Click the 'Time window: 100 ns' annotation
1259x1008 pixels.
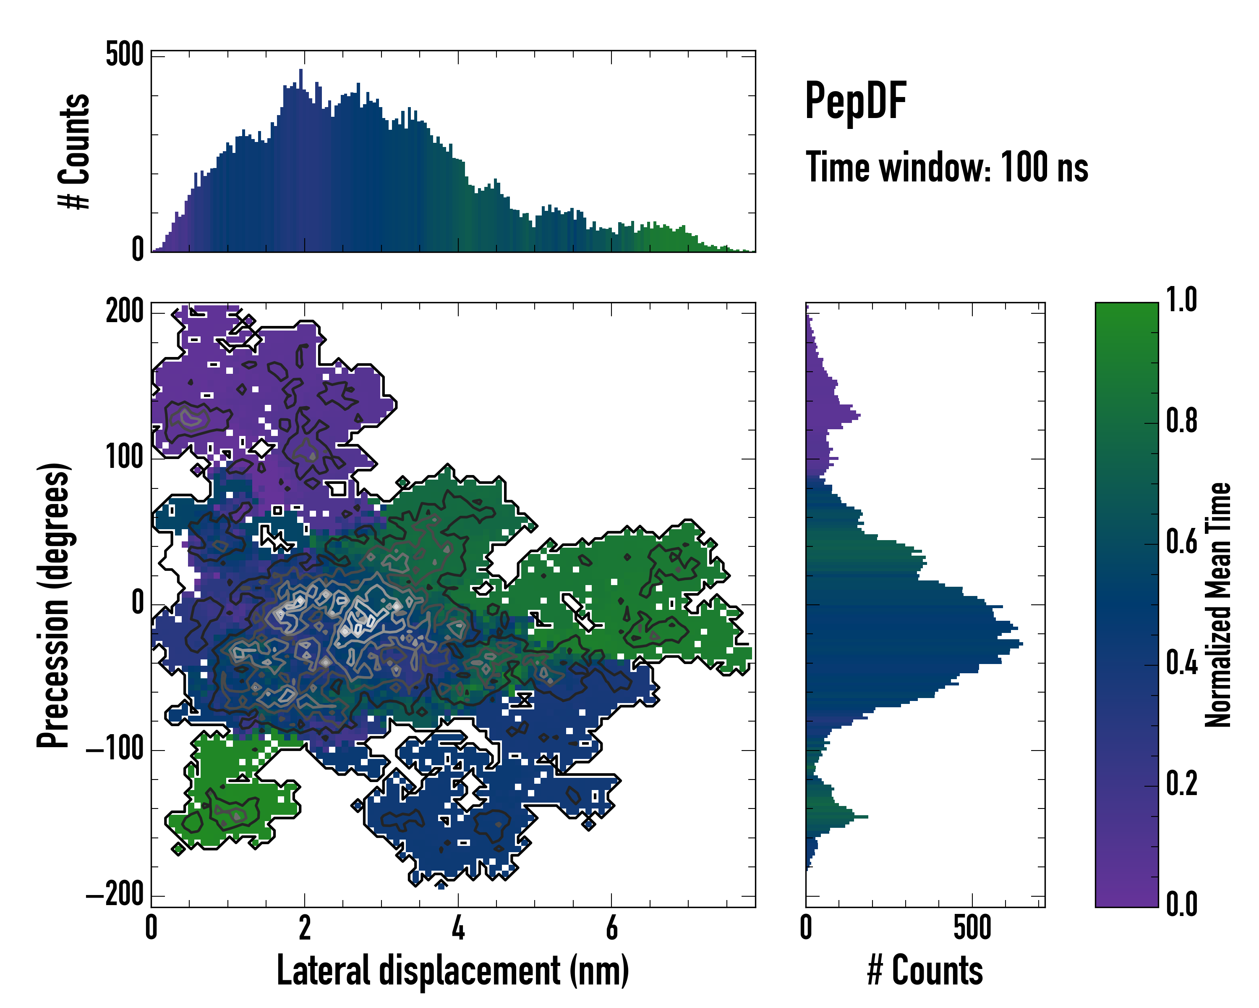click(947, 168)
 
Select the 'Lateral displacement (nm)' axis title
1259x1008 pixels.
click(452, 971)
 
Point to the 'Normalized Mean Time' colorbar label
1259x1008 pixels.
click(1218, 604)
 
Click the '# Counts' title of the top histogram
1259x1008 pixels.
click(74, 151)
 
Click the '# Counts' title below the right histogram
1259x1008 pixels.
click(925, 971)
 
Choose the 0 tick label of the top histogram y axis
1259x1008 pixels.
click(137, 249)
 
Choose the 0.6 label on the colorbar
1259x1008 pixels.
click(1181, 542)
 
